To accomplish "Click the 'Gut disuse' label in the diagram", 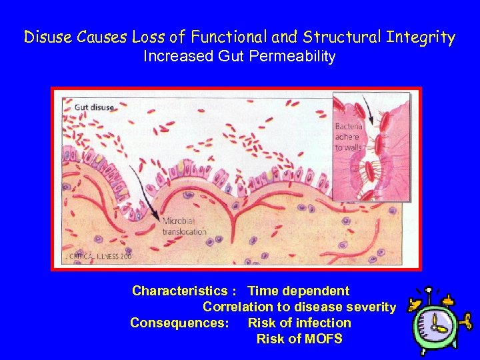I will (x=94, y=107).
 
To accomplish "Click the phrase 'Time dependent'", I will (x=298, y=291).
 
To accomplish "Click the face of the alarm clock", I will (x=436, y=327).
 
